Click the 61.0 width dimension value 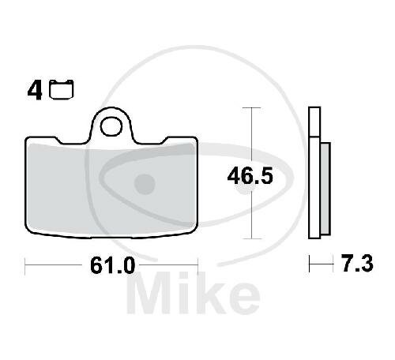click(x=113, y=265)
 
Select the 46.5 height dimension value click(x=250, y=176)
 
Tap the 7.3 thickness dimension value click(x=358, y=263)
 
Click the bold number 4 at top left click(x=35, y=90)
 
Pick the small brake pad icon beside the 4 click(x=62, y=89)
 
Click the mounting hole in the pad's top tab click(x=111, y=127)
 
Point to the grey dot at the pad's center click(x=145, y=184)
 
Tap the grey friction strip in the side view click(x=325, y=189)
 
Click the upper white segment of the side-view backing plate click(x=314, y=122)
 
